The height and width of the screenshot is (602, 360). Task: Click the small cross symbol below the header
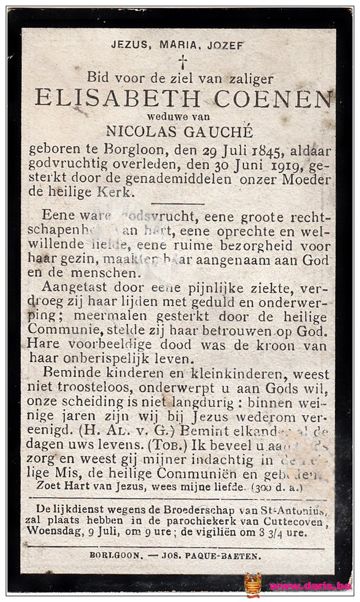182,61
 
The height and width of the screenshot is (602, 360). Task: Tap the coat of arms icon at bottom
253,585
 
